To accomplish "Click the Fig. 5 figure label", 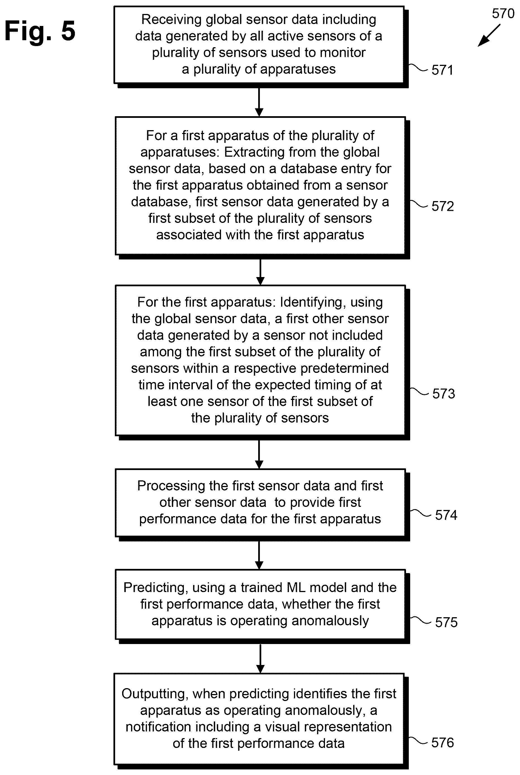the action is pyautogui.click(x=40, y=31).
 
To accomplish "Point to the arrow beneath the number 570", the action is pyautogui.click(x=489, y=35).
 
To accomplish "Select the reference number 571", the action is pyautogui.click(x=442, y=70).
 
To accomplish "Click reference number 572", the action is pyautogui.click(x=443, y=206).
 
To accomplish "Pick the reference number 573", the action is pyautogui.click(x=444, y=394).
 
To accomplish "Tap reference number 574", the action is pyautogui.click(x=446, y=515).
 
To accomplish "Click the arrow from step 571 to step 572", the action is pyautogui.click(x=259, y=102).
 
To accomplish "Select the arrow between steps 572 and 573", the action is pyautogui.click(x=260, y=272).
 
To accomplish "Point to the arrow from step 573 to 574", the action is pyautogui.click(x=259, y=454).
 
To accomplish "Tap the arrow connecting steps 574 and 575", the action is pyautogui.click(x=259, y=555).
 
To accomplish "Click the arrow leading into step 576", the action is pyautogui.click(x=260, y=659).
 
